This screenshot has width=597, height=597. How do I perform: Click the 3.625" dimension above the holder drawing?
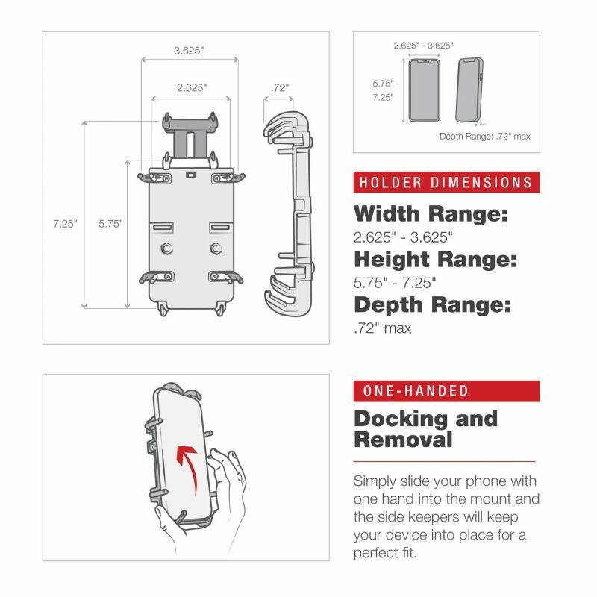[189, 51]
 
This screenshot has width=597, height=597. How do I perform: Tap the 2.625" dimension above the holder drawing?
[192, 87]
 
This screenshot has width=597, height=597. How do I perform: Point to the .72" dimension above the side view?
[280, 87]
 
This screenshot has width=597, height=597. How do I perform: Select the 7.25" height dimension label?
[65, 223]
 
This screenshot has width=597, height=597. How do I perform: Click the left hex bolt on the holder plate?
[164, 248]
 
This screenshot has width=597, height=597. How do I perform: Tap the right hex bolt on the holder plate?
[216, 248]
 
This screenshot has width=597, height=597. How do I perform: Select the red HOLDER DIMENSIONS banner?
[446, 182]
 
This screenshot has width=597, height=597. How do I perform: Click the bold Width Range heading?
[431, 215]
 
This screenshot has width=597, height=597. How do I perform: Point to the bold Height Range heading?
[435, 260]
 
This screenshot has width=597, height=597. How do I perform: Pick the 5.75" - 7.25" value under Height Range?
[395, 283]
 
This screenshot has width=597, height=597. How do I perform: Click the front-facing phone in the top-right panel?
[425, 91]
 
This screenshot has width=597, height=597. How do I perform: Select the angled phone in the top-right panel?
[469, 91]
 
